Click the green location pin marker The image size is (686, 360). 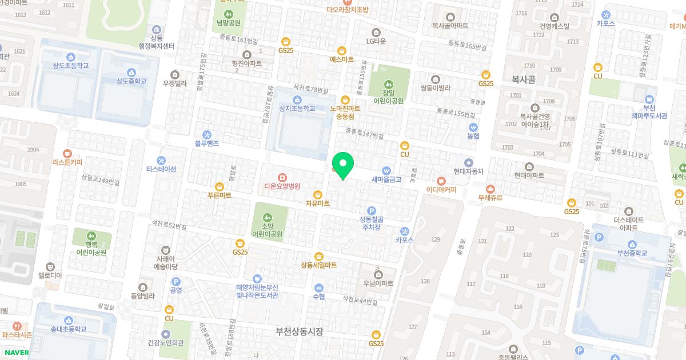[x=343, y=166]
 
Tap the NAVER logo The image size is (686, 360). [x=15, y=353]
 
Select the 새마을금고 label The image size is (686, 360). [x=386, y=179]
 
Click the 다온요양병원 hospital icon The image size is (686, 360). [x=282, y=177]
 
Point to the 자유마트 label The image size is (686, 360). [x=318, y=203]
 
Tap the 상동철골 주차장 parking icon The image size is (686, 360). [x=371, y=210]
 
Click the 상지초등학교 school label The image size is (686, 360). [x=297, y=108]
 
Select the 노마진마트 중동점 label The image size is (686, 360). [x=345, y=111]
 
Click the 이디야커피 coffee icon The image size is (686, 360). [x=441, y=181]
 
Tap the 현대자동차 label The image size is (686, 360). [x=469, y=171]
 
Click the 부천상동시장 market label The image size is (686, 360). [x=299, y=331]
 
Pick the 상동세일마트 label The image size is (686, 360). [x=318, y=265]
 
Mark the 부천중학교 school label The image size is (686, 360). [x=628, y=253]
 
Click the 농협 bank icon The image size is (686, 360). [x=473, y=127]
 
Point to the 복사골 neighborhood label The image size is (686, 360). [x=523, y=81]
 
